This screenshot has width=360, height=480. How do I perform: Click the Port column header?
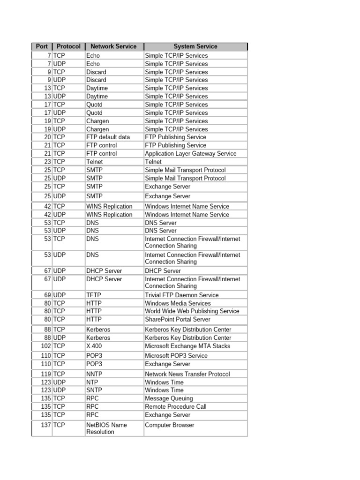[x=42, y=46]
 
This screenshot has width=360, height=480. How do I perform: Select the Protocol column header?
[x=68, y=46]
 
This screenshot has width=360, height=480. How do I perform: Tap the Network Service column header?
[x=113, y=46]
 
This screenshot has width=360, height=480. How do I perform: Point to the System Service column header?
[x=195, y=46]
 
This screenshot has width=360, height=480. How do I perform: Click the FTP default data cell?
[x=108, y=137]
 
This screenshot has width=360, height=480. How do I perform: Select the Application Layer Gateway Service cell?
[x=191, y=154]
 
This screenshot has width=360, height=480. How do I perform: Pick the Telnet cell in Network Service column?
[x=95, y=162]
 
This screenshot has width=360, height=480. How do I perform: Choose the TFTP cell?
[x=94, y=295]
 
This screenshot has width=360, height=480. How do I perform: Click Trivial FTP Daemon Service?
[x=182, y=295]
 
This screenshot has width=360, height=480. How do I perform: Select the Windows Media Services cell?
[x=178, y=303]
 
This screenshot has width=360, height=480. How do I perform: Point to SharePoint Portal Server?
[x=178, y=320]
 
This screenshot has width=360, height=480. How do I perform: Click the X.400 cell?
[x=94, y=346]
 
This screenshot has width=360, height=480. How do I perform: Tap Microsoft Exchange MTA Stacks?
[x=187, y=346]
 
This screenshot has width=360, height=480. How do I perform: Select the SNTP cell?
[x=94, y=390]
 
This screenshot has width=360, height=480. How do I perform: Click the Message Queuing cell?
[x=169, y=398]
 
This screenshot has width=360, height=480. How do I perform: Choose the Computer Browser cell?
[x=170, y=425]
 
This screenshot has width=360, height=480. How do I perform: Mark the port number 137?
[x=45, y=425]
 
